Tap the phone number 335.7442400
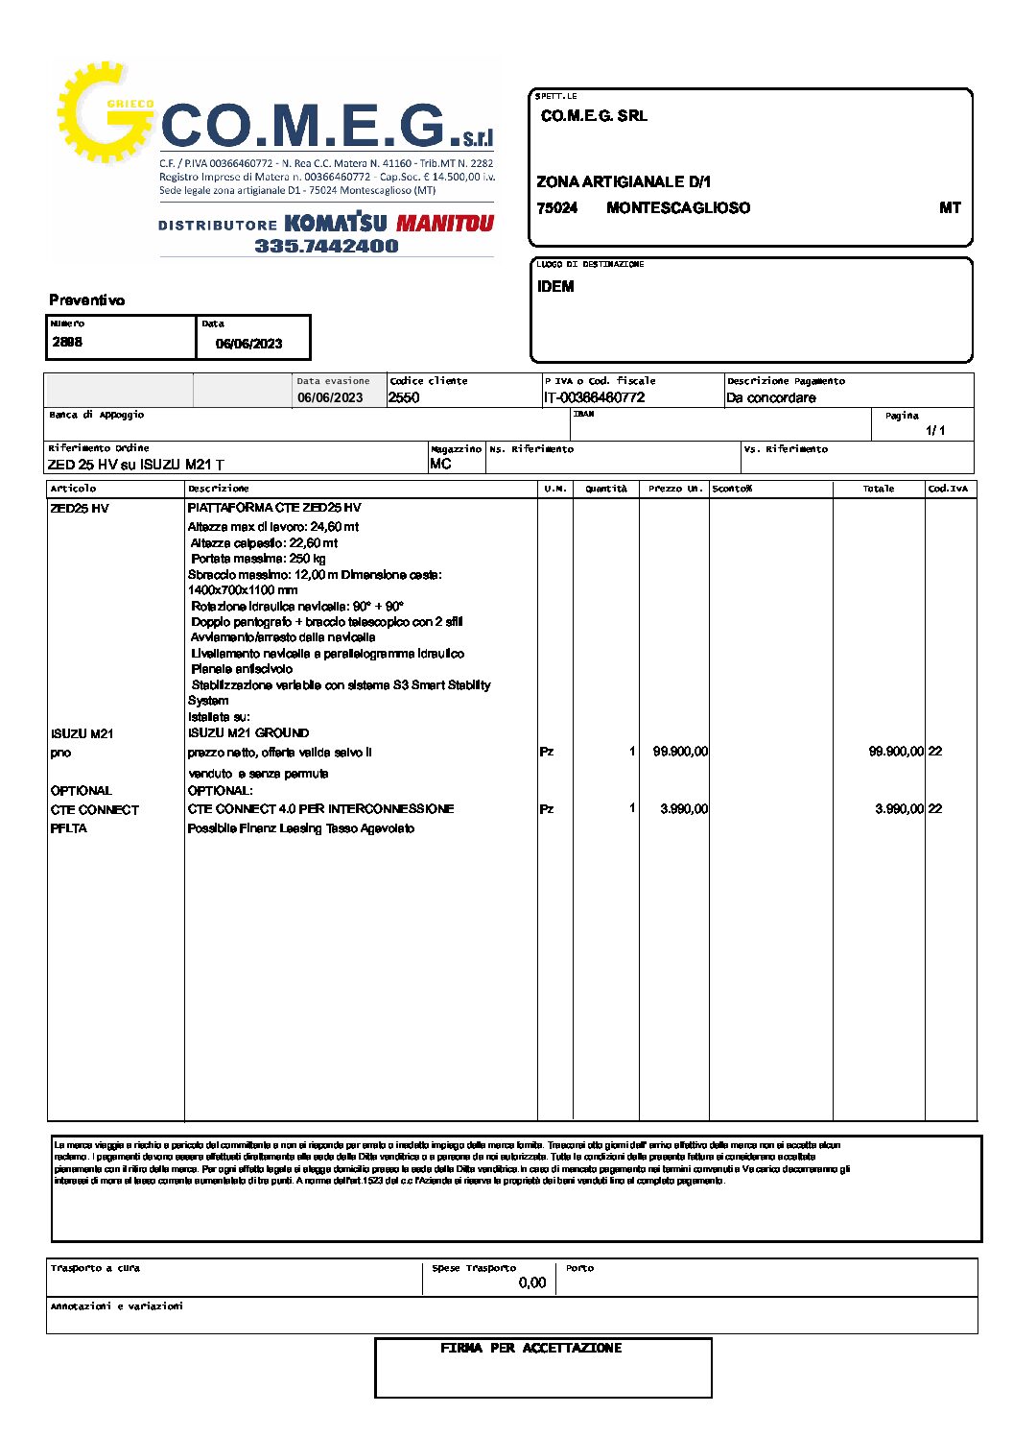[326, 246]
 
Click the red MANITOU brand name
[444, 224]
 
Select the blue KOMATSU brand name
[336, 224]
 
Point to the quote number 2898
[67, 342]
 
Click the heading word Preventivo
[87, 300]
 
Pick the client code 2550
[404, 397]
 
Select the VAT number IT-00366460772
[594, 397]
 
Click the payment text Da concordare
[771, 397]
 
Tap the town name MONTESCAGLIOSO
[678, 208]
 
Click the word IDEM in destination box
[555, 287]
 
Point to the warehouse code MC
[440, 464]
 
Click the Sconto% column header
[732, 489]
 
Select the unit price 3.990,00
[684, 809]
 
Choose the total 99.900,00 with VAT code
[905, 752]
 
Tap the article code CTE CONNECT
[95, 810]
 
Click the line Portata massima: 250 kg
[258, 559]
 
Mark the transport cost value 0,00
[531, 1282]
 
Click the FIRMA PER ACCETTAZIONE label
[530, 1349]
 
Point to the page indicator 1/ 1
[935, 431]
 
